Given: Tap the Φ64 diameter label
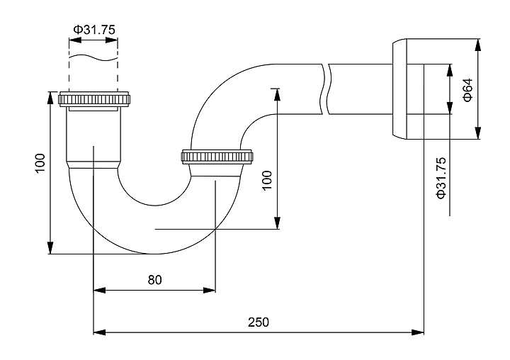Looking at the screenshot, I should point(467,89).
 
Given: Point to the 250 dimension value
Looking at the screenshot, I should point(258,322).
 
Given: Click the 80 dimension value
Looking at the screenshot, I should point(154,279).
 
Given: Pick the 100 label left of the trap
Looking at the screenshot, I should point(40,164).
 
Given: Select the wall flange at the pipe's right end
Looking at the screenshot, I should point(402,89).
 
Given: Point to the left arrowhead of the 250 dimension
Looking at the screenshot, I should point(99,331).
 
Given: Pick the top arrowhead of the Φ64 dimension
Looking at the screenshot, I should point(478,43).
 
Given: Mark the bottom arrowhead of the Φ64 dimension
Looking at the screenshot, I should point(478,134).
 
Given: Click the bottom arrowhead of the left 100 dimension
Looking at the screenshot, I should point(50,248).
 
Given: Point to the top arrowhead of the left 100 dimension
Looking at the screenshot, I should point(50,96).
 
